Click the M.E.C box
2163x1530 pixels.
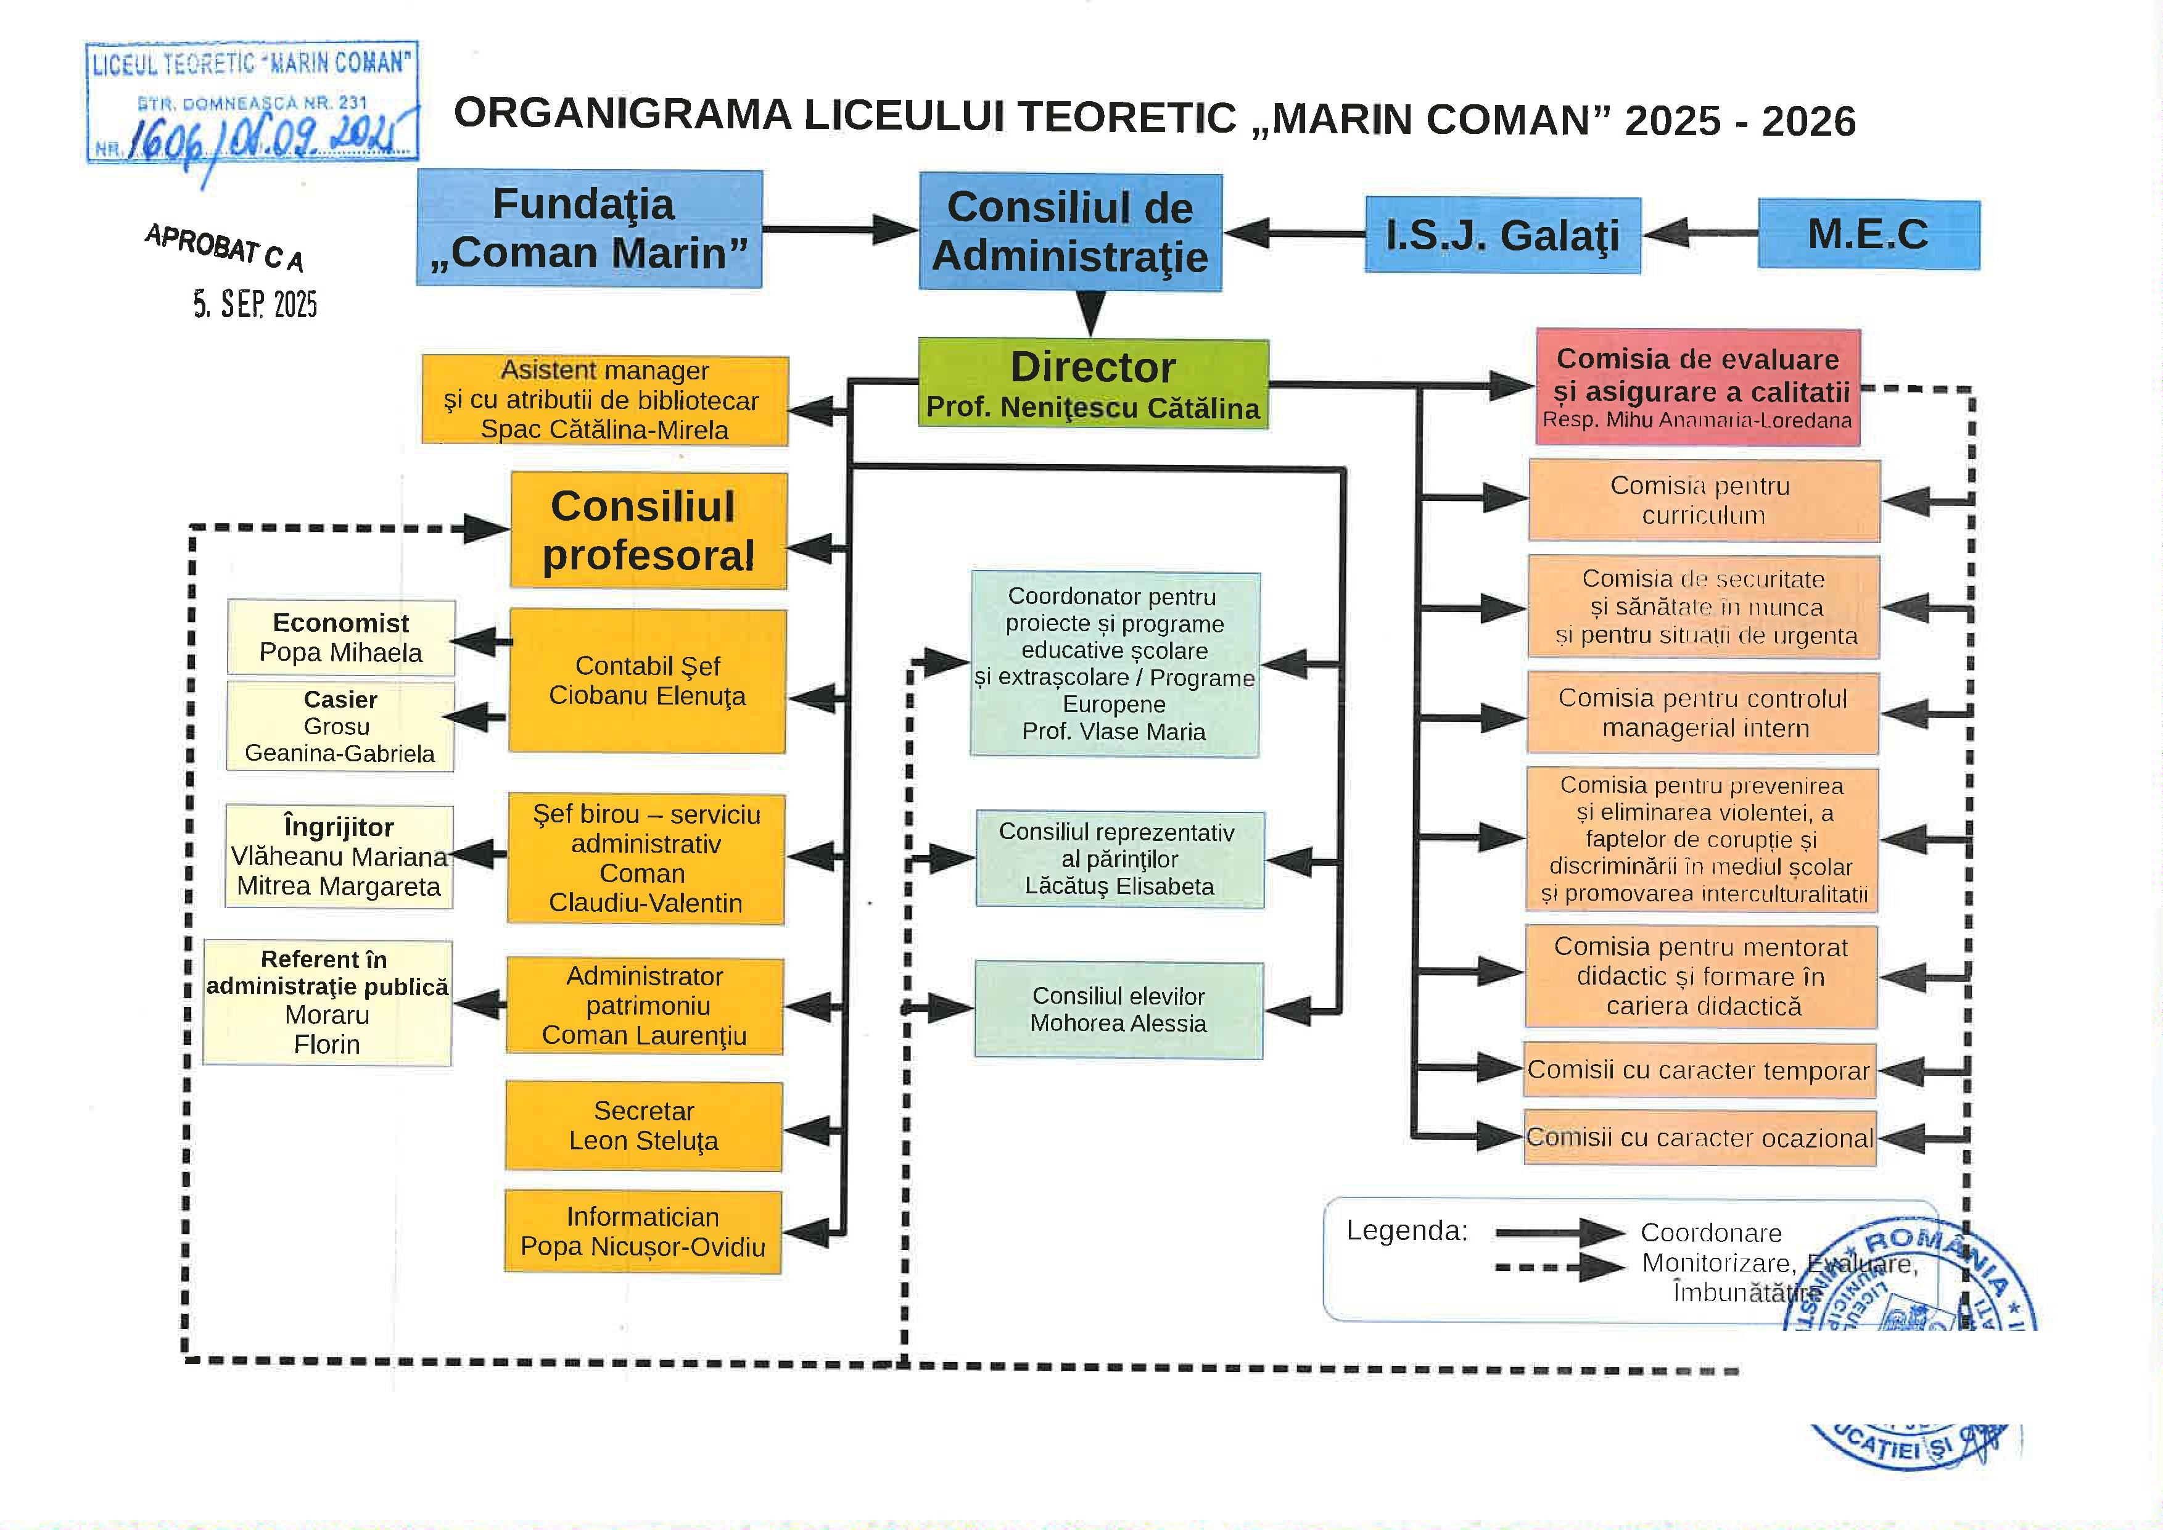coord(1868,234)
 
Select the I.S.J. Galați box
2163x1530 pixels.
coord(1502,236)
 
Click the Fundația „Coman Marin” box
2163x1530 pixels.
coord(589,229)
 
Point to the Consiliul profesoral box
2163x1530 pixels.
coord(648,531)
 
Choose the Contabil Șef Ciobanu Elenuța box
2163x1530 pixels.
coord(647,680)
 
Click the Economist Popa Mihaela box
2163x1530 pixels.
coord(341,638)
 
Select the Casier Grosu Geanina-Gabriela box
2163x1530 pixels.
coord(340,726)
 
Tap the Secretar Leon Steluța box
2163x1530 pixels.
coord(643,1126)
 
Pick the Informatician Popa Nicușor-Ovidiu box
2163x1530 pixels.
coord(643,1231)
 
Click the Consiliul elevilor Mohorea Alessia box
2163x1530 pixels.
coord(1118,1010)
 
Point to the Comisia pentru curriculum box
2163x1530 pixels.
coord(1704,500)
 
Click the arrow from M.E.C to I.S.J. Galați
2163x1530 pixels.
coord(1700,234)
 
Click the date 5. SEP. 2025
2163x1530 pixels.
coord(255,304)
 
